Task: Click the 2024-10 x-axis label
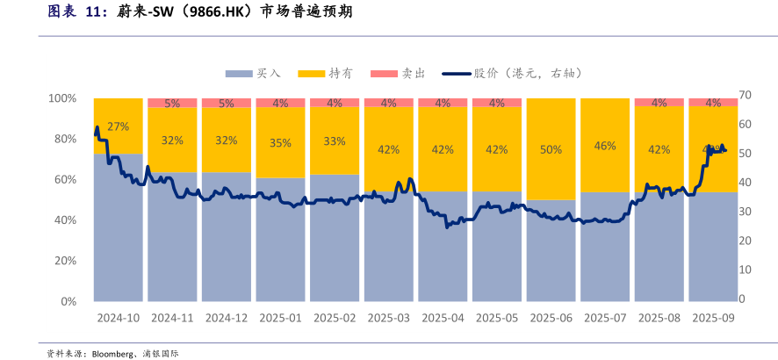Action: [118, 317]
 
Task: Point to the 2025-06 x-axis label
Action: [551, 317]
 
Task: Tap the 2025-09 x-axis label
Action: [713, 317]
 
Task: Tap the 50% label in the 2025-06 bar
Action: [551, 149]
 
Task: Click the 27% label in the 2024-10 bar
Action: [118, 126]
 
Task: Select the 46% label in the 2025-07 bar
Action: [605, 146]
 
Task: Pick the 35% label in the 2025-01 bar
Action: [280, 142]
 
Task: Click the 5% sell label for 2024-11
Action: [172, 103]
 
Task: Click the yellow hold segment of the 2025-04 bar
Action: [443, 149]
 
